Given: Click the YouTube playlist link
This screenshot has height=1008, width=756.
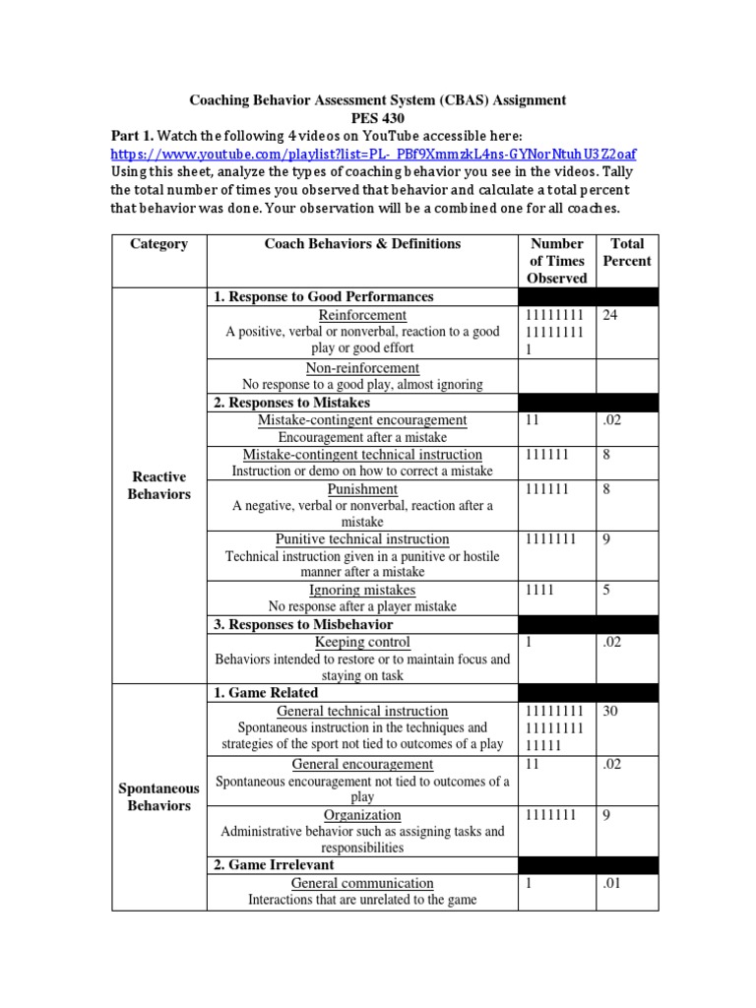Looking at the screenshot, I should point(373,154).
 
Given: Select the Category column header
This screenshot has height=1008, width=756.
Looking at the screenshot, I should point(158,244).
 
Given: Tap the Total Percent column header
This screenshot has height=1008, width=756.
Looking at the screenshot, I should point(627,252).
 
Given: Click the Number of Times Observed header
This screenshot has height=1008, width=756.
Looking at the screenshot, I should point(557,261).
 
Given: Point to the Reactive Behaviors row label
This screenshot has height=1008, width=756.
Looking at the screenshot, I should point(158,485).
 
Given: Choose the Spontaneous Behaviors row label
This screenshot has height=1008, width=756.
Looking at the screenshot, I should point(158,797).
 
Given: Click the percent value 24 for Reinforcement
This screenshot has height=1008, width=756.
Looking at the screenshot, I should point(610,315).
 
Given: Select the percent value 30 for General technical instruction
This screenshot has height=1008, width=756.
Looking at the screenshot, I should point(610,711).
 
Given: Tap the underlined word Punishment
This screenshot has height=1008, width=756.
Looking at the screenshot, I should point(362,489).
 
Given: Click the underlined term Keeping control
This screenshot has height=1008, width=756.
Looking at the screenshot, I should point(362,642).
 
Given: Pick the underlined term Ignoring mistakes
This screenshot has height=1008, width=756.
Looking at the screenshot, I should point(362,590).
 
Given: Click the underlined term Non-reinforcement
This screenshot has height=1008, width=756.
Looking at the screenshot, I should point(362,367).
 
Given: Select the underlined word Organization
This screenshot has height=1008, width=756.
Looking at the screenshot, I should point(362,815).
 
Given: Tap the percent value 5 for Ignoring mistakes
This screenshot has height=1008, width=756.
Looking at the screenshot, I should point(606,591).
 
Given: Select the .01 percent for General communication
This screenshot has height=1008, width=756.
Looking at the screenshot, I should point(612,884).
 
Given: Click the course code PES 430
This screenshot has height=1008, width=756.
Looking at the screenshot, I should point(377,118).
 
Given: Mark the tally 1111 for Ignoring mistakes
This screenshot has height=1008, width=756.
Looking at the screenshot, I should point(539,591).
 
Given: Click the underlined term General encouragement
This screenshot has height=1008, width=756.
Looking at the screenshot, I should point(362,764).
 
